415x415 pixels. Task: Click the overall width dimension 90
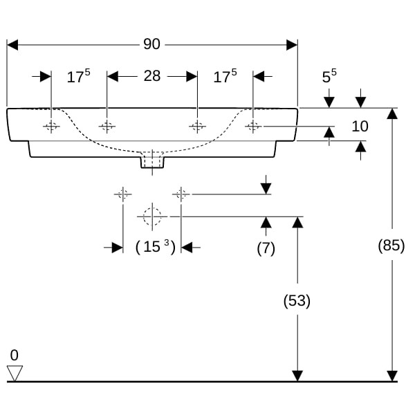pos(151,44)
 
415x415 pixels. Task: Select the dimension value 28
pos(151,76)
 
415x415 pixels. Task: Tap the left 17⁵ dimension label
pos(78,77)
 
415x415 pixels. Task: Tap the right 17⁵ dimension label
pos(225,77)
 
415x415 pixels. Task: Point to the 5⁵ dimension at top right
pos(329,77)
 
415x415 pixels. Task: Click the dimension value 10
pos(360,127)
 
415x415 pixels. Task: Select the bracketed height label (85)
pos(391,245)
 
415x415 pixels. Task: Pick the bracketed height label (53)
pos(297,301)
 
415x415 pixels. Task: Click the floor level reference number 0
pos(15,356)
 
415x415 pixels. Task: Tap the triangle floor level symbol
pos(15,373)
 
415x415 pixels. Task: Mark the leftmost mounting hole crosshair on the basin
pos(51,126)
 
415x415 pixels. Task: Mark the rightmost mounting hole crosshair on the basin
pos(253,126)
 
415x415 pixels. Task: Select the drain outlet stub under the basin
pos(152,160)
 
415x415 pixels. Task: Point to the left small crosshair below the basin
pos(123,194)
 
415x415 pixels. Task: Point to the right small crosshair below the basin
pos(181,194)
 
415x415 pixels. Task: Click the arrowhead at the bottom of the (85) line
pos(392,376)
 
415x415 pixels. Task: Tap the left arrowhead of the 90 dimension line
pos(12,44)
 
